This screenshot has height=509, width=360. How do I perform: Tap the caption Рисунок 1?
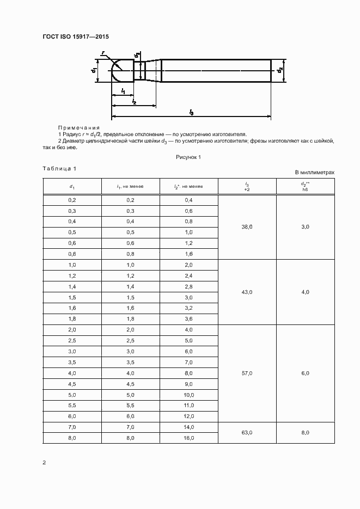coord(188,157)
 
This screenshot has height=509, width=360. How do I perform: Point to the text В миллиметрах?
coord(314,172)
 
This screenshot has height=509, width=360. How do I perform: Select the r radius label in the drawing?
coord(103,53)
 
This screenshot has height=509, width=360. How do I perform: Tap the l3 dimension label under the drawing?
coord(192,112)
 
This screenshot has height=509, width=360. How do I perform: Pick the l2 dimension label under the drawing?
coord(133,101)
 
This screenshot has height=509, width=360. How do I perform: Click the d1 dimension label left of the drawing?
coord(94,70)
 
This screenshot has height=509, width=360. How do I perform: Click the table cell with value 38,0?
coord(247,227)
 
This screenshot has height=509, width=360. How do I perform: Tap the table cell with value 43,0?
coord(247,292)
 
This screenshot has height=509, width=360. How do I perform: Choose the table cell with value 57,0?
coord(247,373)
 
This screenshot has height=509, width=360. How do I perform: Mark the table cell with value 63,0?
coord(247,432)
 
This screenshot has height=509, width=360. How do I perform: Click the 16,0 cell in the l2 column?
coord(189,438)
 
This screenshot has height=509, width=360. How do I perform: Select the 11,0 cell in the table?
coord(189,406)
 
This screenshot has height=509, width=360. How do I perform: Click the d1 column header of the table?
coord(72,186)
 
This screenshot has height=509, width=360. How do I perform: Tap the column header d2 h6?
coord(305,186)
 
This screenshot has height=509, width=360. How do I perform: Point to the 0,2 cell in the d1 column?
coord(72,200)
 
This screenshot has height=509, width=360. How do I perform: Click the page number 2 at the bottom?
coord(44,463)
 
